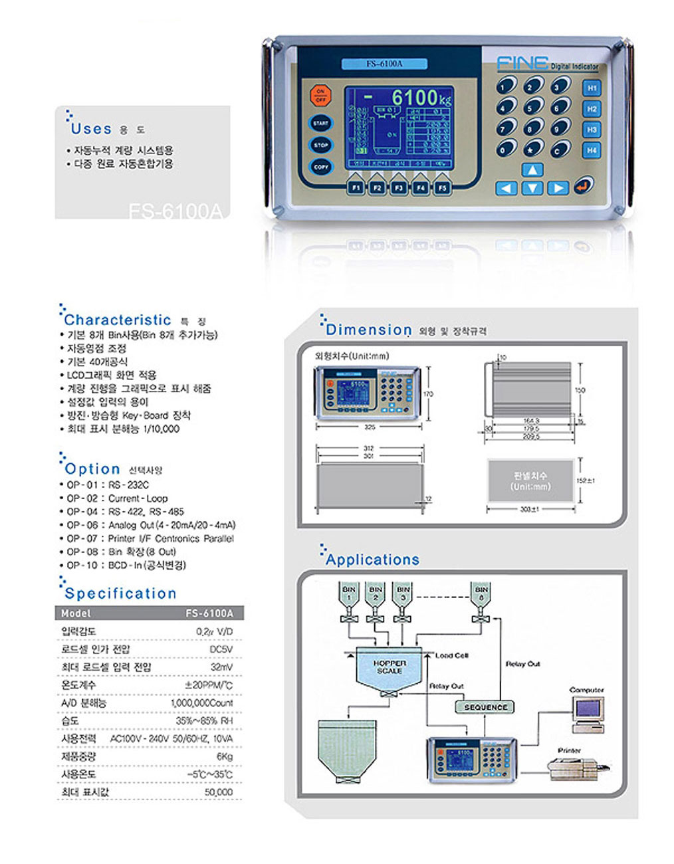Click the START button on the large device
[x=320, y=124]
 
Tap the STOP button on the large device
[x=320, y=145]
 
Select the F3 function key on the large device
[x=399, y=188]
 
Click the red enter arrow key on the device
[x=583, y=186]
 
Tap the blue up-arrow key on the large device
[x=532, y=170]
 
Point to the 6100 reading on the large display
[x=413, y=98]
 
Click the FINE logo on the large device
[x=523, y=64]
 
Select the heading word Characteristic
[x=118, y=320]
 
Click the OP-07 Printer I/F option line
[x=150, y=538]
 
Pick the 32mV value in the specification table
[x=221, y=667]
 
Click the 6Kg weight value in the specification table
[x=224, y=757]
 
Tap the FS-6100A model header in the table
[x=209, y=613]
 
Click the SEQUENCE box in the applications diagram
[x=485, y=707]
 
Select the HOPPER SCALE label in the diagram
[x=389, y=667]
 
